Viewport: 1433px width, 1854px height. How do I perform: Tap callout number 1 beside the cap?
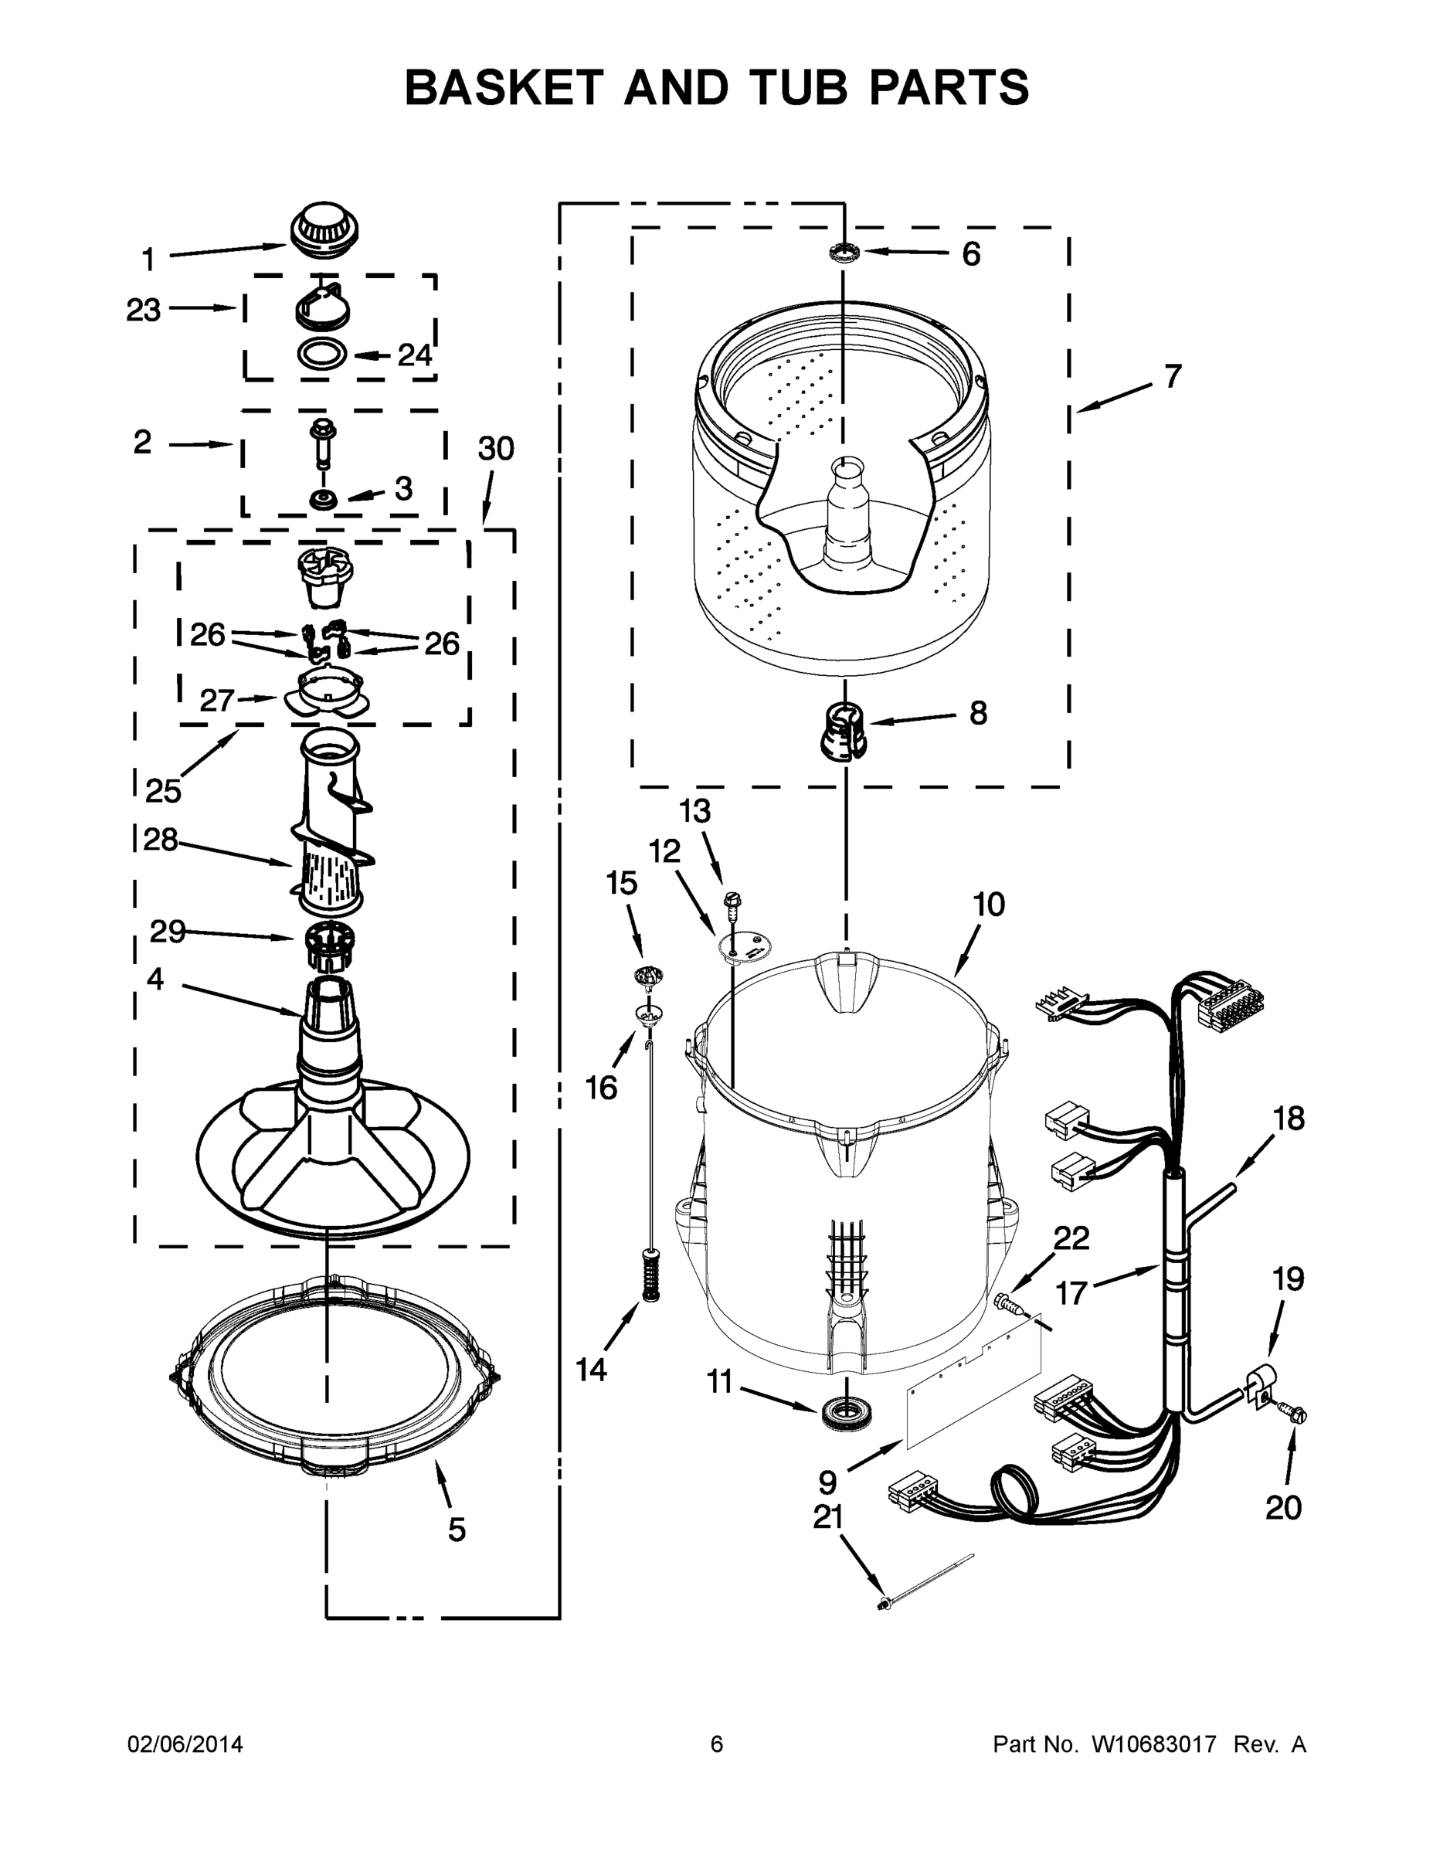point(148,259)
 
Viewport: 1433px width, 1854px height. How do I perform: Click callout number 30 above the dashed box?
point(496,448)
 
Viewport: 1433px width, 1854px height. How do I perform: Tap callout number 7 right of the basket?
point(1172,376)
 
